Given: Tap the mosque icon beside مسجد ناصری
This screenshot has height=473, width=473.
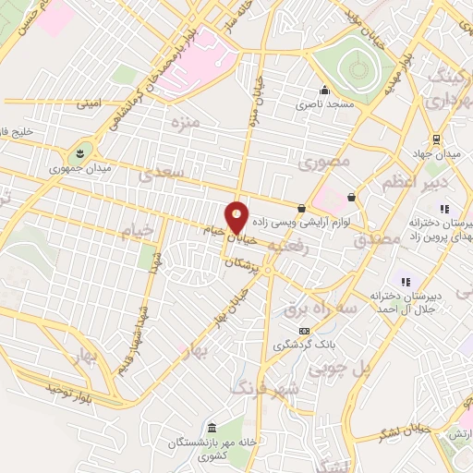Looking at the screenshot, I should (324, 91).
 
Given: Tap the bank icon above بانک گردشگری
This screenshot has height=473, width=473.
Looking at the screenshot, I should (304, 331).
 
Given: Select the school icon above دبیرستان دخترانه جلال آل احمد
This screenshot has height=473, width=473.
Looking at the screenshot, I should (404, 281).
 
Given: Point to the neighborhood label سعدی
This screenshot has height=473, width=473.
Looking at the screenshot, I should (162, 173).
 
